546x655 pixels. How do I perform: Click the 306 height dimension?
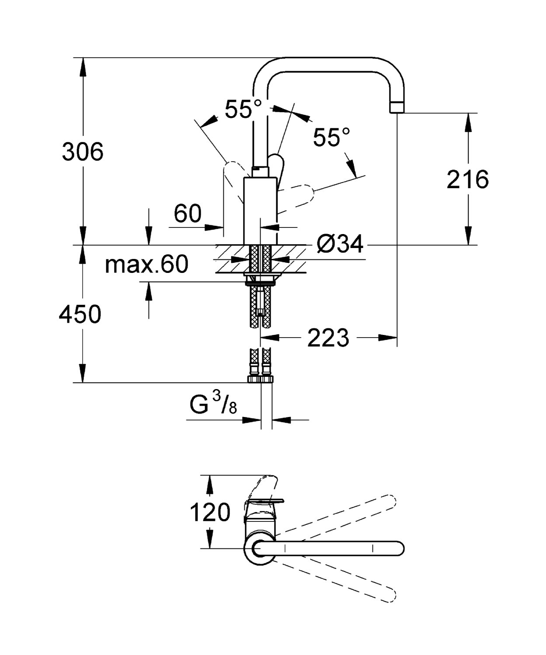point(83,152)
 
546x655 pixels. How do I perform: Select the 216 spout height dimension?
point(467,179)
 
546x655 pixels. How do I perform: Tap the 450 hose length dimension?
point(80,314)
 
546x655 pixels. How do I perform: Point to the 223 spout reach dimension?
point(328,338)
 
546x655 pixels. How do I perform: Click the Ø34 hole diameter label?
point(340,244)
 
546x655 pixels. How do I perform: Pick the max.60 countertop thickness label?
point(146,264)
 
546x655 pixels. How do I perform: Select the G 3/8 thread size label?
point(213,405)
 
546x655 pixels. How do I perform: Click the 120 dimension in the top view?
point(209,512)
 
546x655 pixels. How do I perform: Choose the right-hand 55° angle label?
point(331,138)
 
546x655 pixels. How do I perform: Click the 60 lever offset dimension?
point(188,214)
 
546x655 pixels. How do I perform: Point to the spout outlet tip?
point(396,107)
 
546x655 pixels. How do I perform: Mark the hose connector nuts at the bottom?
point(261,379)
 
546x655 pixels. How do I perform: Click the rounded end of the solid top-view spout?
point(397,548)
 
